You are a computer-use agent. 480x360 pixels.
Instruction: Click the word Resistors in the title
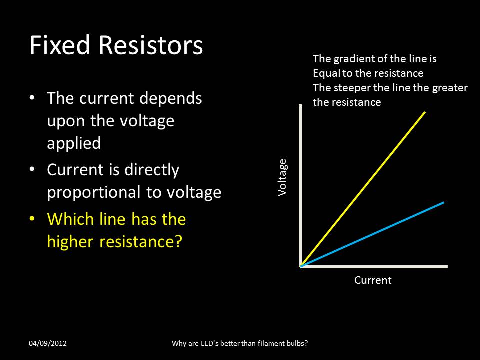tap(151, 46)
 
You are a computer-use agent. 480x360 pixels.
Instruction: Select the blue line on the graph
tap(372, 234)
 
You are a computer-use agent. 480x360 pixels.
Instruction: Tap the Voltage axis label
tap(283, 177)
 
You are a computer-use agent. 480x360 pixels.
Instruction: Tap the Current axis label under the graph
tap(373, 280)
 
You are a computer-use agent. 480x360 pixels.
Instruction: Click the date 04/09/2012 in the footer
tap(48, 343)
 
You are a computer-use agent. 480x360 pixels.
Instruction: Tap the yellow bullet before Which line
tap(32, 219)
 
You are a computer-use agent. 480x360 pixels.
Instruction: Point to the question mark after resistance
tap(177, 242)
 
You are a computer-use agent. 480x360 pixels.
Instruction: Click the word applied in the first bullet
tap(74, 144)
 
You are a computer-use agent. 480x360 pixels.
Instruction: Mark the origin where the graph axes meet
tap(301, 266)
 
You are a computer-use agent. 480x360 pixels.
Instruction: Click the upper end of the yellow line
tap(424, 113)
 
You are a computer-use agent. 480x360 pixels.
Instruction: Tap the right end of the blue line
tap(443, 202)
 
